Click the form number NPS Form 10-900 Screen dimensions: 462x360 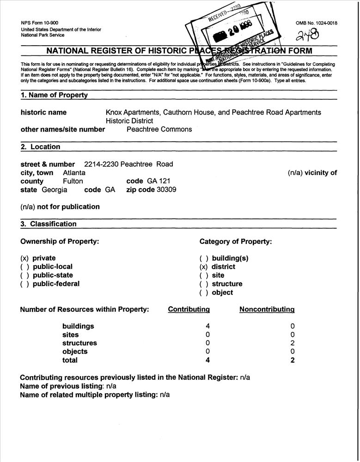pos(40,23)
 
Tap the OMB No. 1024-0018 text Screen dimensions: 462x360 pos(316,23)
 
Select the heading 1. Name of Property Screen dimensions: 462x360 pos(54,95)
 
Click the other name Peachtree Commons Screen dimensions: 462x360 pos(159,129)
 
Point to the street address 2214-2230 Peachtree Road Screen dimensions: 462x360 pos(128,164)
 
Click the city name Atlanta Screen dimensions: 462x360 pos(74,172)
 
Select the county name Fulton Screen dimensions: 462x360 pos(73,181)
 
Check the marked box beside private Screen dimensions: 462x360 pos(25,258)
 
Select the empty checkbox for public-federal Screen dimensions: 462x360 pos(25,284)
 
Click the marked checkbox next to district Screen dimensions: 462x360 pos(204,267)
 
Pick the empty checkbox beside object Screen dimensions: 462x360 pos(204,292)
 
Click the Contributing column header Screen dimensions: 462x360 pos(189,310)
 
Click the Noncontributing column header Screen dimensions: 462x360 pos(267,310)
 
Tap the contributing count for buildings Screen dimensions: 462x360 pos(208,326)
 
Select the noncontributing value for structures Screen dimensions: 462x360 pos(293,343)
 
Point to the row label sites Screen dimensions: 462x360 pos(71,334)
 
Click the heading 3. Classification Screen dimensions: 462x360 pos(49,224)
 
